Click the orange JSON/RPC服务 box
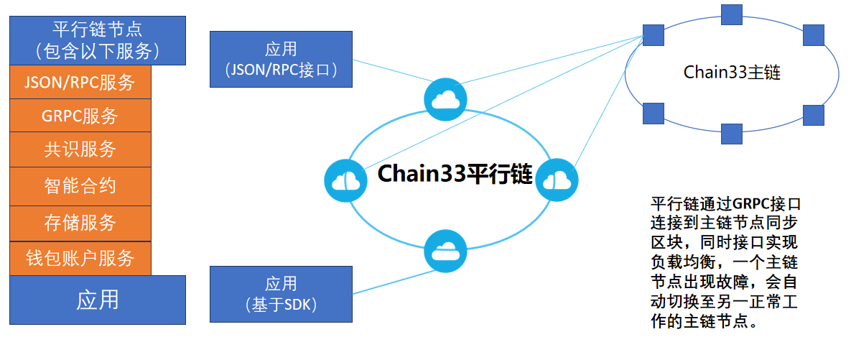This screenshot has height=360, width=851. click(x=80, y=83)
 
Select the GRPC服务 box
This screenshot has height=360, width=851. click(x=80, y=116)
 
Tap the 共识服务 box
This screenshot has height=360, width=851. click(x=80, y=149)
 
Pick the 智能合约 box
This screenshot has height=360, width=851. click(x=80, y=186)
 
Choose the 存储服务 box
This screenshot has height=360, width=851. click(x=80, y=223)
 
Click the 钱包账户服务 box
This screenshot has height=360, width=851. click(x=80, y=259)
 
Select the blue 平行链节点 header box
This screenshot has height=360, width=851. click(x=98, y=41)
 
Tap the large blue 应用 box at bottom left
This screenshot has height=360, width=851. click(x=98, y=300)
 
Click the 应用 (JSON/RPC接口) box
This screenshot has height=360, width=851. click(x=281, y=59)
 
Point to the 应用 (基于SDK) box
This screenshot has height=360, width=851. click(x=281, y=294)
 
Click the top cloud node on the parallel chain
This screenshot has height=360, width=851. click(x=445, y=99)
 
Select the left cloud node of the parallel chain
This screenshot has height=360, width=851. click(x=345, y=180)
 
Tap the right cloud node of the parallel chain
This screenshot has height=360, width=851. click(x=557, y=180)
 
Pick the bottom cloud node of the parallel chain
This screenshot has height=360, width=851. click(x=445, y=250)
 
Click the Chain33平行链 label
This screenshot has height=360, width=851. click(x=455, y=174)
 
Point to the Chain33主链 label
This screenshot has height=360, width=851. click(x=732, y=73)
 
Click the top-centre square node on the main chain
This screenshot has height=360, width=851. click(x=732, y=14)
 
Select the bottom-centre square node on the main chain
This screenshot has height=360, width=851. click(x=732, y=134)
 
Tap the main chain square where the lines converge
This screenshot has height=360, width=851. click(x=653, y=35)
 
